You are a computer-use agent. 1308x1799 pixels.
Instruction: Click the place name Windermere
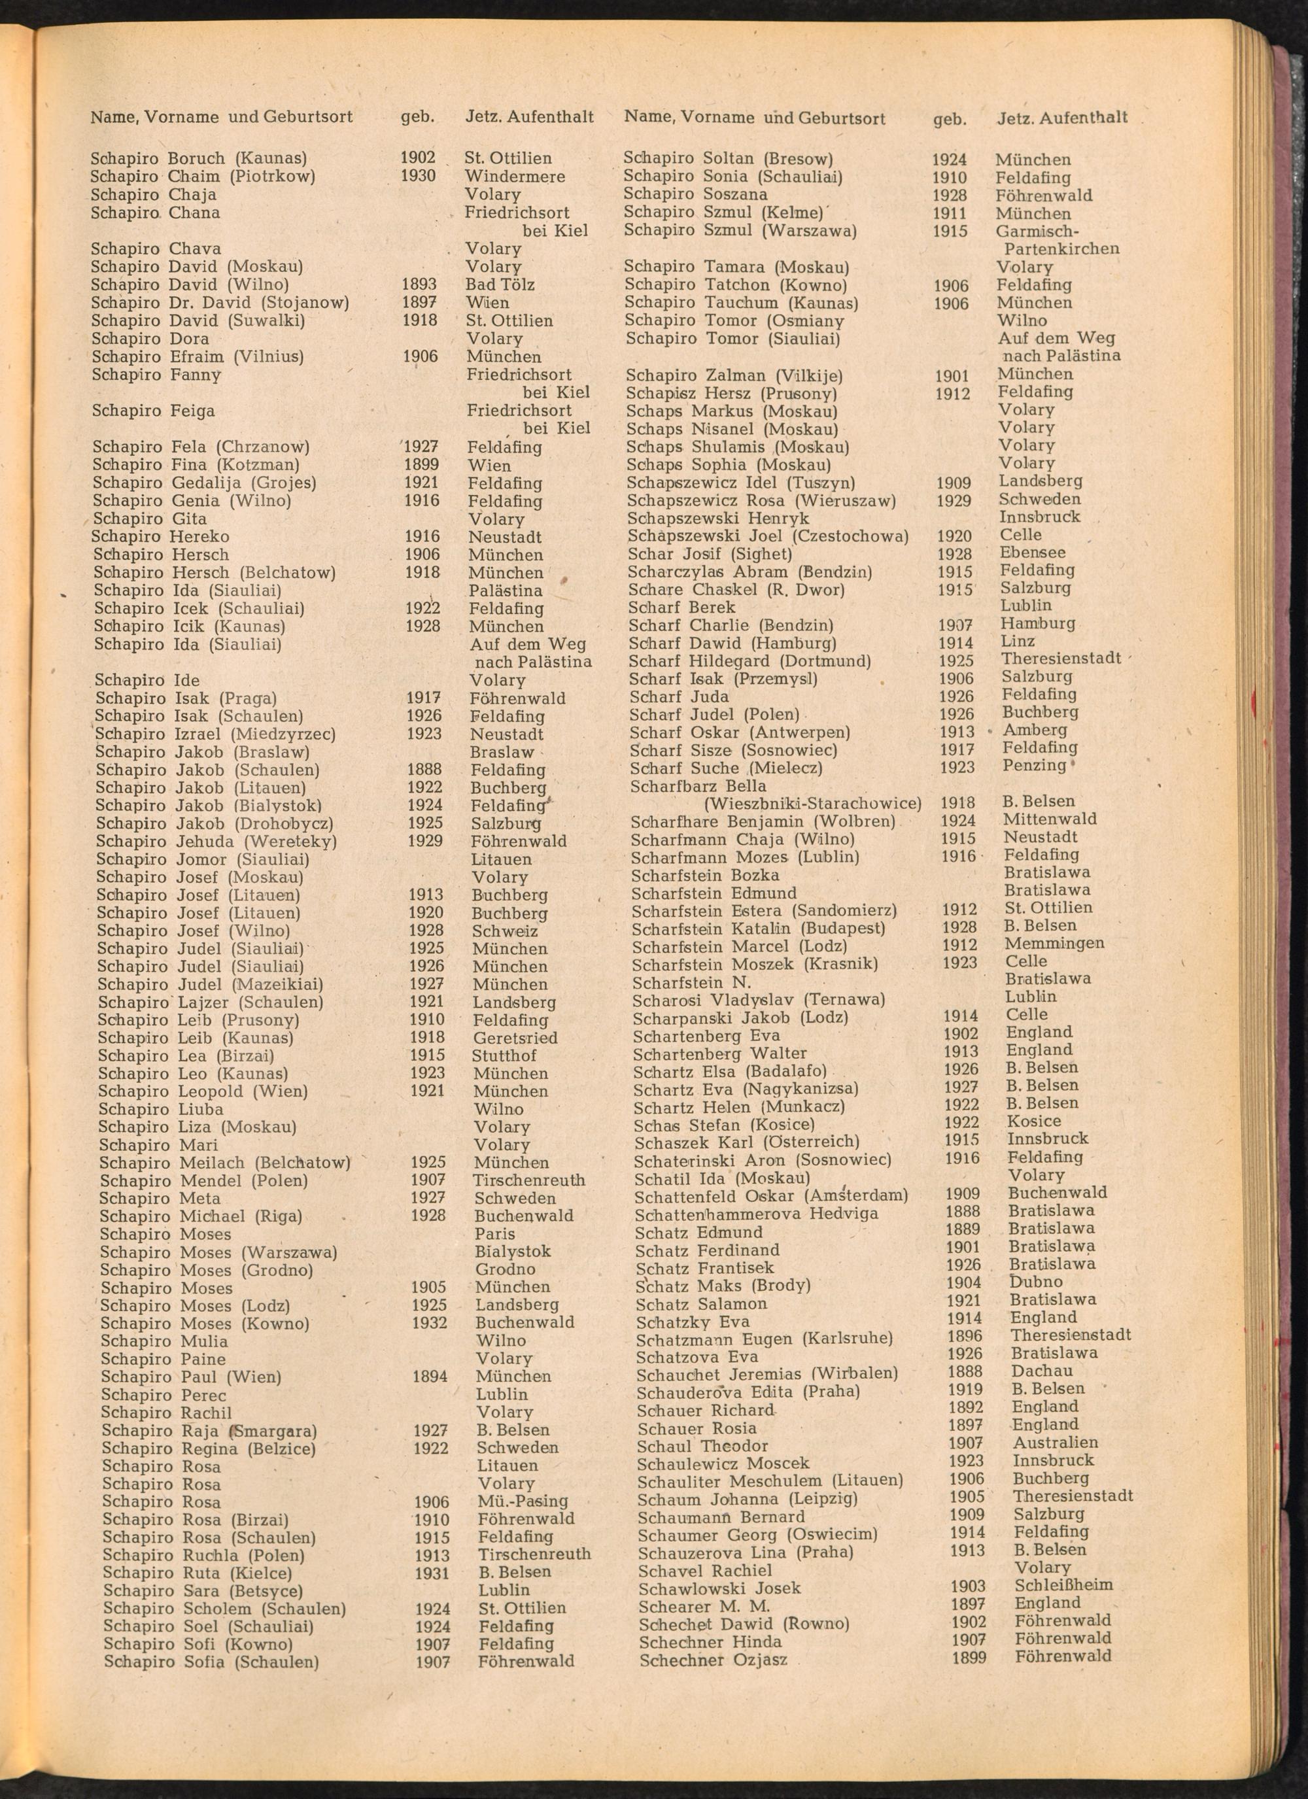click(515, 176)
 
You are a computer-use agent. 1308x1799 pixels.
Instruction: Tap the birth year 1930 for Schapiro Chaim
click(418, 176)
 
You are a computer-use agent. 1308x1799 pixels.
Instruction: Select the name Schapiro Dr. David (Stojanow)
click(220, 302)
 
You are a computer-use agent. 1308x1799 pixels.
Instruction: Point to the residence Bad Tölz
click(500, 284)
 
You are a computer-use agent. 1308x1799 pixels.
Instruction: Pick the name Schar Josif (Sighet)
click(710, 554)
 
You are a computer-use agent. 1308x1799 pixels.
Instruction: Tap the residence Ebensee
click(1033, 552)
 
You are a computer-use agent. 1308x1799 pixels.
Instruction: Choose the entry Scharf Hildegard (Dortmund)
click(749, 660)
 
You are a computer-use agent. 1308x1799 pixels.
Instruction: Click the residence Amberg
click(1035, 730)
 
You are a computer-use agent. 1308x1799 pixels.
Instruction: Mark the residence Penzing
click(1035, 766)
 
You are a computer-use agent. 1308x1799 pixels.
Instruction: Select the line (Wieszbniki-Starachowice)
click(813, 804)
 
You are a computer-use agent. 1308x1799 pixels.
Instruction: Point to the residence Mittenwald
click(1050, 819)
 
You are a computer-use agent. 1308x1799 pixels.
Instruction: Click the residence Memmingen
click(1054, 943)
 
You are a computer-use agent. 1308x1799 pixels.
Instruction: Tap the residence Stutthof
click(504, 1055)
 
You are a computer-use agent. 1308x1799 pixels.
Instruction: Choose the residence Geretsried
click(515, 1038)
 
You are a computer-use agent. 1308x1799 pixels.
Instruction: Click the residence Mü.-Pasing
click(523, 1501)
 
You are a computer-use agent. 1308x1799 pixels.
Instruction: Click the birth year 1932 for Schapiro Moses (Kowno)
click(429, 1322)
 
